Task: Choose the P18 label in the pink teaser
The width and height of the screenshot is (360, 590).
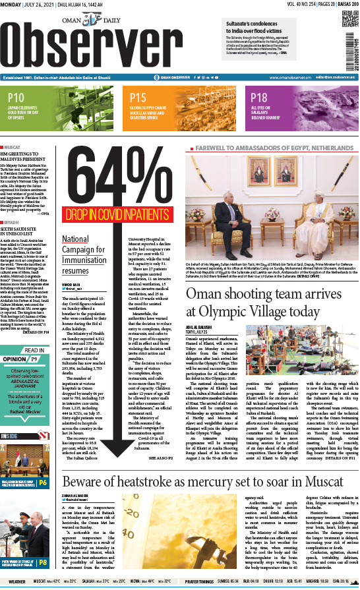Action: click(x=259, y=97)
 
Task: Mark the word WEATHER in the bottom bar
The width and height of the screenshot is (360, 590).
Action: click(x=16, y=581)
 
